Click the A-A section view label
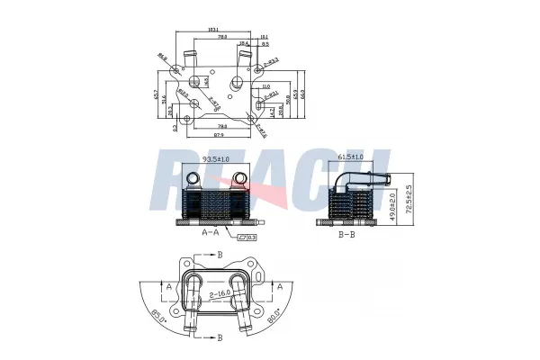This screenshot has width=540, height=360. [x=211, y=232]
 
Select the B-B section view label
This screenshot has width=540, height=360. [x=346, y=233]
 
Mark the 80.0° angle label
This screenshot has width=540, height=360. [x=271, y=316]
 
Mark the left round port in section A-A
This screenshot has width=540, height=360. [x=190, y=177]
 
